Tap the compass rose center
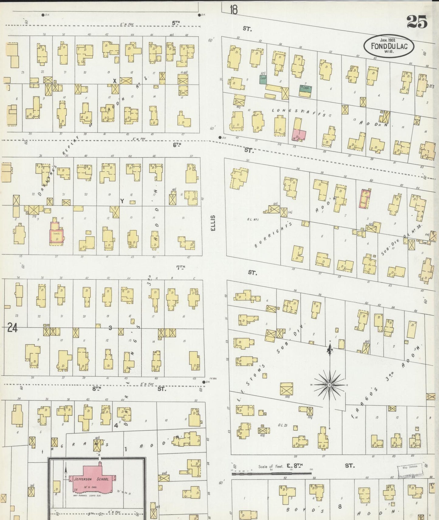pyautogui.click(x=329, y=385)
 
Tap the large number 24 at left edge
pyautogui.click(x=12, y=328)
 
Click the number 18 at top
pyautogui.click(x=233, y=10)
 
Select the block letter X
pyautogui.click(x=115, y=81)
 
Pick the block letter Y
pyautogui.click(x=122, y=201)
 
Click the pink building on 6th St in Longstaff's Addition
pyautogui.click(x=300, y=134)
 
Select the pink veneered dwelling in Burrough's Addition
pyautogui.click(x=365, y=199)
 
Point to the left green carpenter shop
pyautogui.click(x=263, y=79)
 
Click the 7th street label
pyautogui.click(x=181, y=267)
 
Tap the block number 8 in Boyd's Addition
pyautogui.click(x=340, y=506)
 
